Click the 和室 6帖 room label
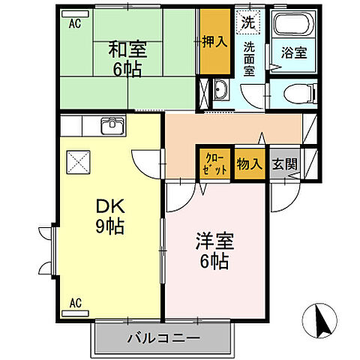(127, 59)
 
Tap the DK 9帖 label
(109, 215)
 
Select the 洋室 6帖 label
(215, 251)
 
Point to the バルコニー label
(163, 337)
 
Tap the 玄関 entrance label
(283, 163)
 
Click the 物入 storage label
(248, 163)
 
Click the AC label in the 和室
(74, 24)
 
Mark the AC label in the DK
(75, 302)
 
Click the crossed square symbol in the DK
(78, 160)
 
